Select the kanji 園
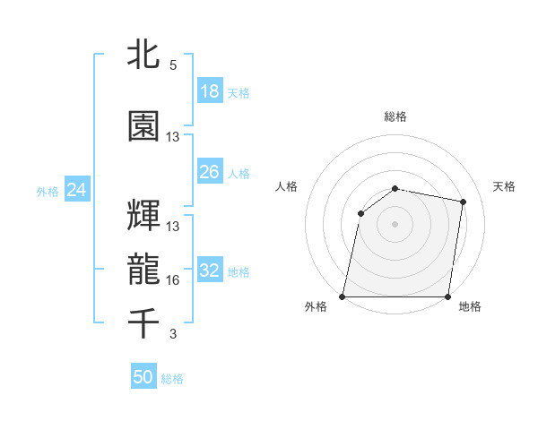point(144,126)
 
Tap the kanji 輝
point(144,216)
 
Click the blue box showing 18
point(210,91)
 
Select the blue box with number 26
point(210,172)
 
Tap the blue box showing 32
point(210,271)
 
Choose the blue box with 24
point(76,190)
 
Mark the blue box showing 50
point(143,377)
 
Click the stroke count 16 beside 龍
point(173,280)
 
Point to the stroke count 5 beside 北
point(173,65)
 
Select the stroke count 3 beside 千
point(173,334)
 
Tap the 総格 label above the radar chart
point(395,116)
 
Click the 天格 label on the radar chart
point(505,186)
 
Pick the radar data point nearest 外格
point(343,296)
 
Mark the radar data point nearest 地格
point(448,296)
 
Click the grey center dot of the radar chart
point(395,224)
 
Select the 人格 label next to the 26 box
point(239,174)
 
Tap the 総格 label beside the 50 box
point(172,379)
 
